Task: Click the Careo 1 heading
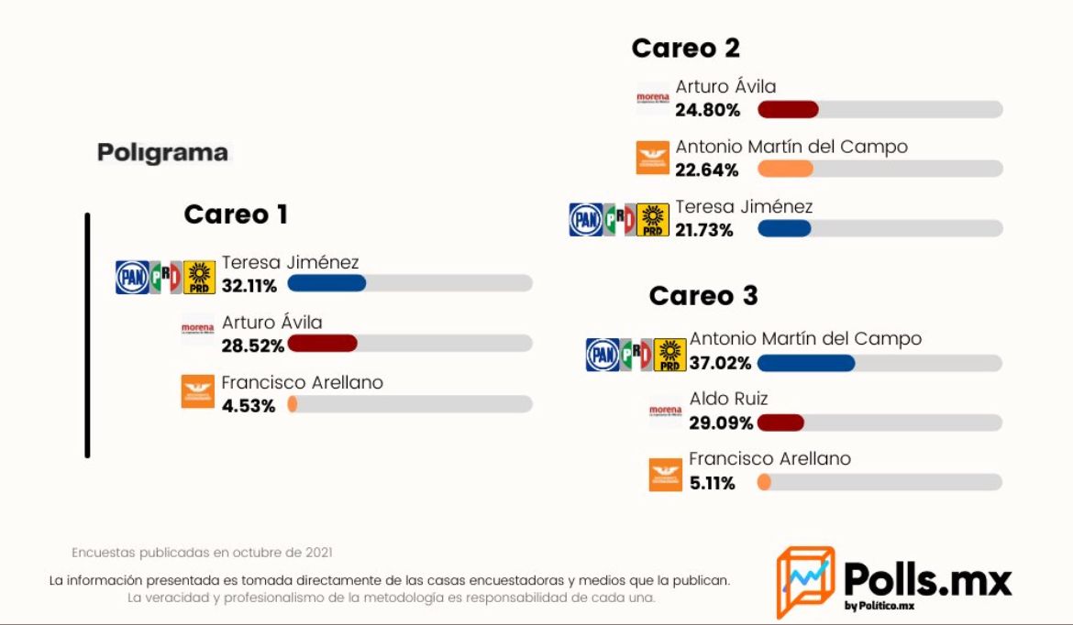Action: tap(236, 214)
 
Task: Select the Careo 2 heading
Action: tap(685, 48)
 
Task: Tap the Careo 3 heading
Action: tap(703, 296)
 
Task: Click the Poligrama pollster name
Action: tap(162, 152)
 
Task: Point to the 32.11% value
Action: tap(249, 286)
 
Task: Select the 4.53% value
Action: tap(248, 406)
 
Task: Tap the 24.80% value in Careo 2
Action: tap(707, 111)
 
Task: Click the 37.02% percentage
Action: tap(720, 363)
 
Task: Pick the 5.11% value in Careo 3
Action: tap(713, 483)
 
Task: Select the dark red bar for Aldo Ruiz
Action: tap(780, 422)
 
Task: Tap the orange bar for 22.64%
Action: tap(785, 169)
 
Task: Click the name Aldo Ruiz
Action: tap(728, 399)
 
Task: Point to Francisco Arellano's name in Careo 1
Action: tap(302, 382)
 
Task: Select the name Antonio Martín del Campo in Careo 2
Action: tap(791, 147)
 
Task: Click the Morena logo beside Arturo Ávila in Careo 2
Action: tap(652, 98)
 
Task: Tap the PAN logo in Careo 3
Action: tap(602, 355)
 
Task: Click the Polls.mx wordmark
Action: tap(927, 581)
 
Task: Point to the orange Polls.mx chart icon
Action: tap(804, 581)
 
